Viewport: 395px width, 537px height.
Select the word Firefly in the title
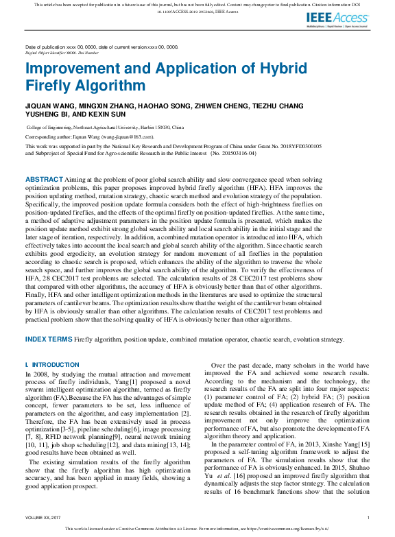tap(48, 86)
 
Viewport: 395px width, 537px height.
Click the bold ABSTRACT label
tap(44, 178)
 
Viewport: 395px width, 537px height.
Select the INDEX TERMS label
tap(49, 339)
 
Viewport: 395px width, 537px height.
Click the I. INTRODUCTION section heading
tap(52, 364)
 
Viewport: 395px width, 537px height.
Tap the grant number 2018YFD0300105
tap(299, 146)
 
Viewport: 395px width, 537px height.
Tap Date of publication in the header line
tap(47, 47)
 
